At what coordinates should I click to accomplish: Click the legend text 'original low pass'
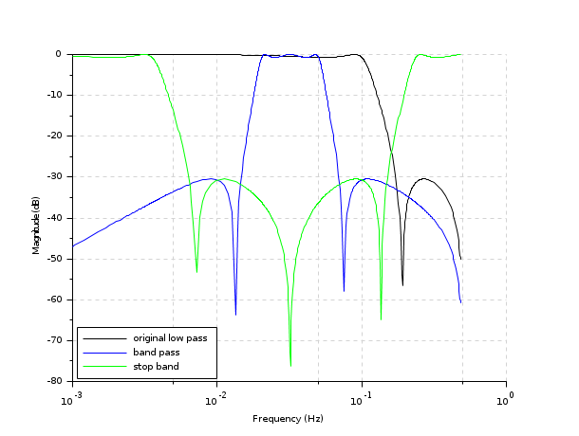[170, 337]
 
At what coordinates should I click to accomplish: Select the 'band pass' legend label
[156, 352]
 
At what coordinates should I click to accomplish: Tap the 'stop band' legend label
[156, 366]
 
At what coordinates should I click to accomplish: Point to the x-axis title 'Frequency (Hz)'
[289, 418]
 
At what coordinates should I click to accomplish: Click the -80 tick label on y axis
[55, 381]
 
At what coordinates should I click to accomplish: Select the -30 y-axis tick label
[55, 177]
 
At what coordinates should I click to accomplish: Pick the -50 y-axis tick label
[55, 259]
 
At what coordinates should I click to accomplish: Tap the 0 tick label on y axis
[59, 54]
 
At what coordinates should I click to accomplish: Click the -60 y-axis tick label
[55, 300]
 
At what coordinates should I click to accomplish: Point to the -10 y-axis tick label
[55, 95]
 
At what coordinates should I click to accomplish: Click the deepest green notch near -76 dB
[290, 365]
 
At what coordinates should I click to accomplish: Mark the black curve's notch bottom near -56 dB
[402, 284]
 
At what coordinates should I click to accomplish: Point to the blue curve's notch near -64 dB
[235, 314]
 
